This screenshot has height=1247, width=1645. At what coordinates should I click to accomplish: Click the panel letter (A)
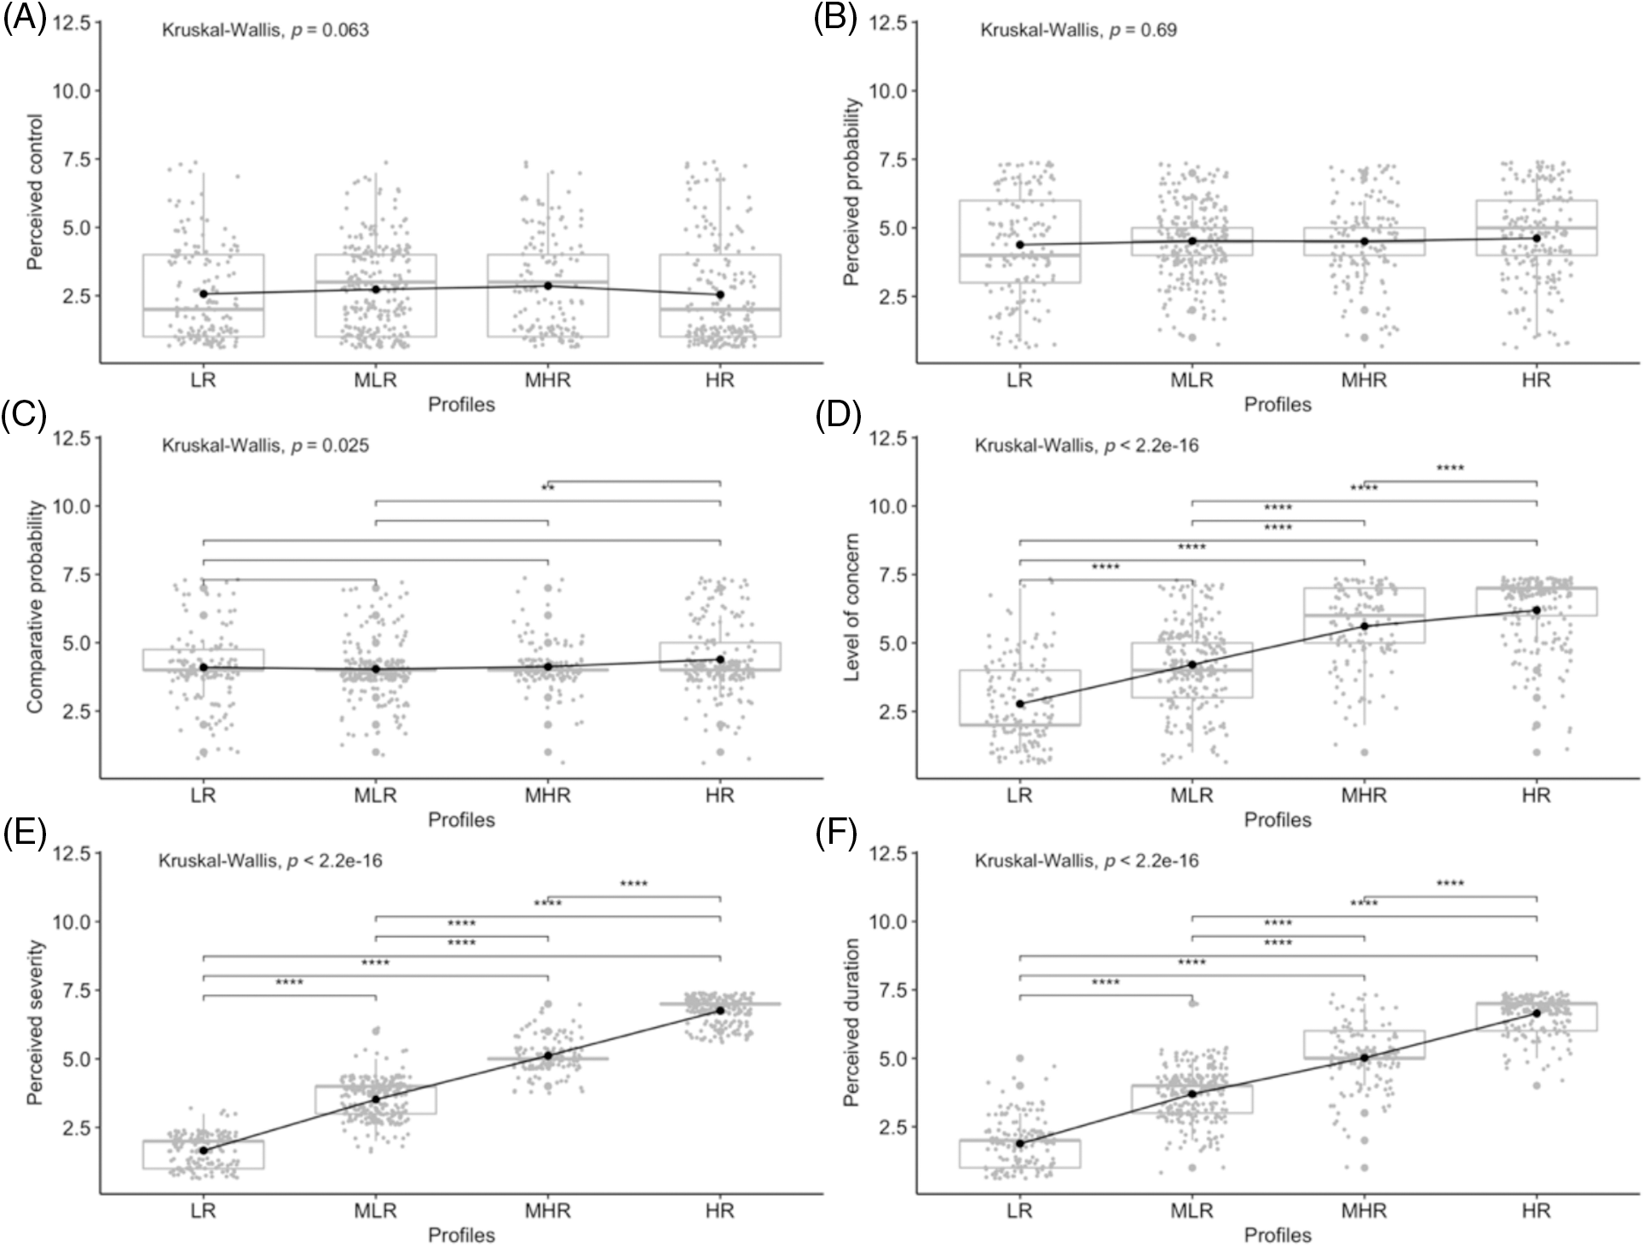24,18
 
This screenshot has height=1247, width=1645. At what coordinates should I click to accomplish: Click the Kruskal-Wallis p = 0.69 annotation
1078,31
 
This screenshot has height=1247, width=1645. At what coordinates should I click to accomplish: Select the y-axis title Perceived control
35,193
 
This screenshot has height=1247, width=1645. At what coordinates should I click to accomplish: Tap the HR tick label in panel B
1536,380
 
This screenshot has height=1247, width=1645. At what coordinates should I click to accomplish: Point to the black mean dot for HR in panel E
720,1010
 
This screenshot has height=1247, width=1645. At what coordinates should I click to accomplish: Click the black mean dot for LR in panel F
1019,1143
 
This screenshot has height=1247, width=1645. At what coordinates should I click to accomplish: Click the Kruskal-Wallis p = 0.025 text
265,446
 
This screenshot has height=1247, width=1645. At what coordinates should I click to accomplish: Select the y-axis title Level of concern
851,608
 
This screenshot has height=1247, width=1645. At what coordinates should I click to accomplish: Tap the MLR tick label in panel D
1192,795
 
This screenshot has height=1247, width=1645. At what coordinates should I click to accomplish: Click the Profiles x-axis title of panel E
461,1235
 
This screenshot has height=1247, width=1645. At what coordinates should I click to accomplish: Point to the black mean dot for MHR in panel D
1364,626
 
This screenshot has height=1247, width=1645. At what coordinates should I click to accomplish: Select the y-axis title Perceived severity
35,1024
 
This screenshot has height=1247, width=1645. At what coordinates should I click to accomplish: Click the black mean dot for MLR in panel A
376,289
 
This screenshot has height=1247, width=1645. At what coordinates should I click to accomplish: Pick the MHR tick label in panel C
547,795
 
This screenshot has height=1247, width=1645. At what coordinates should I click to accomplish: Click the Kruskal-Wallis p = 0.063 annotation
265,31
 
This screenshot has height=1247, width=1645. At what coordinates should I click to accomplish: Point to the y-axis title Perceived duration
851,1024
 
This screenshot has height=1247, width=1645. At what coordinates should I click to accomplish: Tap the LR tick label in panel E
203,1211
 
